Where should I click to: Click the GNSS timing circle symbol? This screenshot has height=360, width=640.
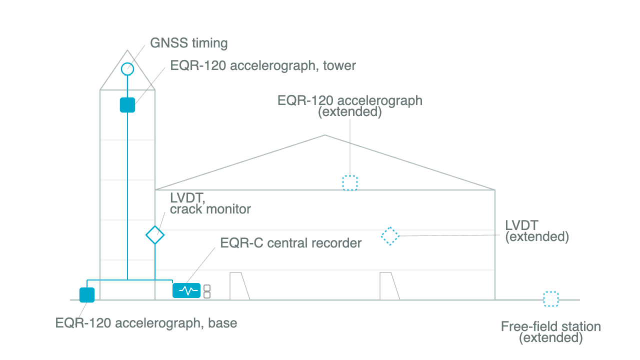click(x=127, y=63)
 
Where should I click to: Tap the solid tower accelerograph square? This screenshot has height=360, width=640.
click(x=127, y=105)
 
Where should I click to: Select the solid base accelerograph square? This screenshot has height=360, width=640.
click(x=87, y=295)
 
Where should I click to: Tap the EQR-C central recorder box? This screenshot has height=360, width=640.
click(x=186, y=290)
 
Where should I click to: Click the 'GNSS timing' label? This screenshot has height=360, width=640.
click(x=189, y=43)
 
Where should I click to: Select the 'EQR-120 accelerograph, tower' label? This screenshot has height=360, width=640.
click(x=263, y=65)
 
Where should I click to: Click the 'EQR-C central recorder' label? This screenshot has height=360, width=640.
click(x=291, y=243)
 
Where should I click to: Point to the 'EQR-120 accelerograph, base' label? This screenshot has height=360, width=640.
click(x=146, y=323)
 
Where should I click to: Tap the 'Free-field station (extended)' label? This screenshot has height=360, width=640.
click(x=551, y=332)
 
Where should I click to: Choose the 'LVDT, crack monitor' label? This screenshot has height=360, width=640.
click(x=210, y=203)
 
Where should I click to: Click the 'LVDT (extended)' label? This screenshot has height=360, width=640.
click(x=537, y=231)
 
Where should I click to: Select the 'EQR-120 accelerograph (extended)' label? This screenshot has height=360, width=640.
click(x=350, y=106)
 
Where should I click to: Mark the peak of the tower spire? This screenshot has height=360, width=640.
click(x=127, y=50)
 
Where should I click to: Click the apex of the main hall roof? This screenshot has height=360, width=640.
click(x=325, y=135)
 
